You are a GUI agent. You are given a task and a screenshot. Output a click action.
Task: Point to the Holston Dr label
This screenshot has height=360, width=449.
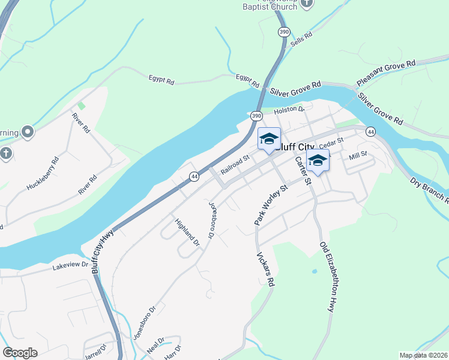click(x=290, y=110)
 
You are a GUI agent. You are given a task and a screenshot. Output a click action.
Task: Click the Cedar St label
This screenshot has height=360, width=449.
click(x=331, y=143)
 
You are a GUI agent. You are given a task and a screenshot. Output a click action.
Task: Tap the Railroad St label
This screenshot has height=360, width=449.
click(x=235, y=165)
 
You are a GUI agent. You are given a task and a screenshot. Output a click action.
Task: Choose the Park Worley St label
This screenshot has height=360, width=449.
click(x=271, y=205)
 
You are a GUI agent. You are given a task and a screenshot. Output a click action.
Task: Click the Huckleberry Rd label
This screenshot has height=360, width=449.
click(x=43, y=174)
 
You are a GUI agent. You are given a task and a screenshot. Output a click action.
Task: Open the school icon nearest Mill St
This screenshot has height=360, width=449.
click(x=318, y=161)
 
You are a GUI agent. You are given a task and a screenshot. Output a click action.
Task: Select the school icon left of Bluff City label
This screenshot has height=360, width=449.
click(x=269, y=139)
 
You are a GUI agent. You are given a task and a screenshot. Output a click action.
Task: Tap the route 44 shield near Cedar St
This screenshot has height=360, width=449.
click(x=371, y=131)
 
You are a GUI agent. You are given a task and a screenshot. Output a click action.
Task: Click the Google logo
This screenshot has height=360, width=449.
click(x=20, y=353)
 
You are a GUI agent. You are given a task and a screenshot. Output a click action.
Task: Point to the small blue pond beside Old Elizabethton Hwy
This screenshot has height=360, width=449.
click(x=315, y=271)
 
